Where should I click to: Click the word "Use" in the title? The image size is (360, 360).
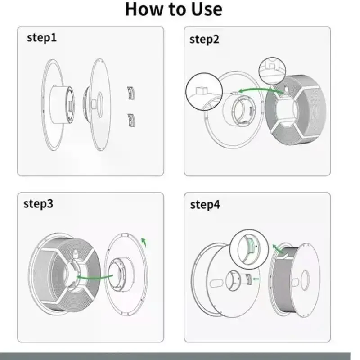[207, 9]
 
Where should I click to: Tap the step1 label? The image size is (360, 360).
[42, 37]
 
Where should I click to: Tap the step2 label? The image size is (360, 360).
[204, 39]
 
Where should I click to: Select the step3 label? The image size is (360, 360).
[38, 204]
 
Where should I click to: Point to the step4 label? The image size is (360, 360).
[205, 205]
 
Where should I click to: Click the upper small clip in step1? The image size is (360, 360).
[131, 93]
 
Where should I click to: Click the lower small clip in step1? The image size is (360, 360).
[131, 120]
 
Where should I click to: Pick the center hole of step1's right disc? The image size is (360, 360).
[100, 105]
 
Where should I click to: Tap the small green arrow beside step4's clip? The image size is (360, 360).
[256, 279]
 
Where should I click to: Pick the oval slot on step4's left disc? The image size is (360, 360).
[216, 283]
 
